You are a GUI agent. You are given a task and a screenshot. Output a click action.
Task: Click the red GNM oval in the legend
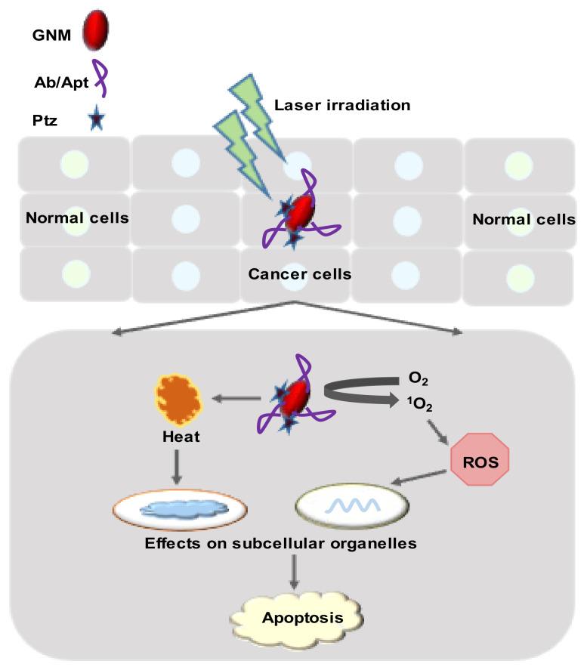point(95,28)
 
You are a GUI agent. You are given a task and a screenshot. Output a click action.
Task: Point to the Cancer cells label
point(300,273)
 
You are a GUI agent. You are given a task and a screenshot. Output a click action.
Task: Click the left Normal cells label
point(76,218)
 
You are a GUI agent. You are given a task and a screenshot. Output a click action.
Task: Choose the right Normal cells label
point(523,219)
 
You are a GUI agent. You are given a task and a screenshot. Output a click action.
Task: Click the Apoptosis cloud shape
point(301,617)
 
